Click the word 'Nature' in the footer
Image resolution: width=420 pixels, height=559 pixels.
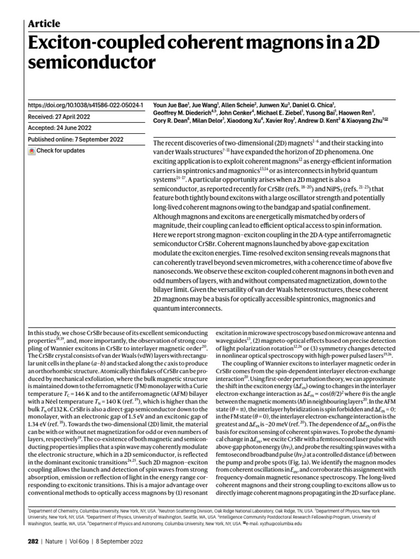55,542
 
